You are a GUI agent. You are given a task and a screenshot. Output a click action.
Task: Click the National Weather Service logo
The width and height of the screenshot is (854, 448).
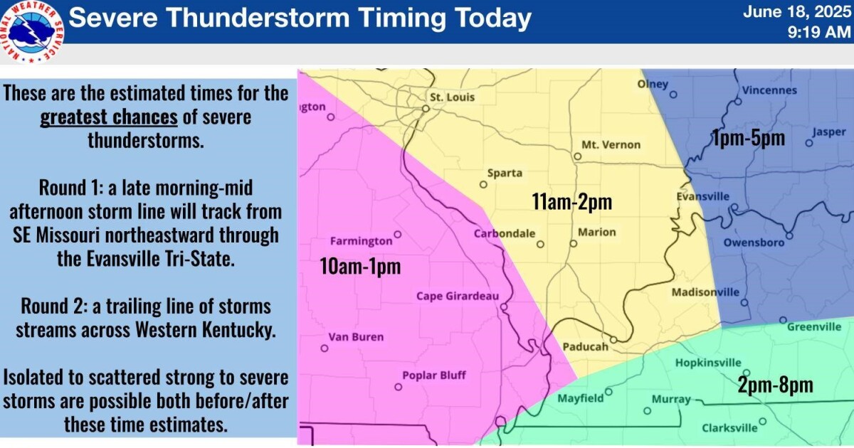click(33, 31)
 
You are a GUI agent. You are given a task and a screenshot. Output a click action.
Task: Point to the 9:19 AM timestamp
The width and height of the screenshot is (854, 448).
click(819, 31)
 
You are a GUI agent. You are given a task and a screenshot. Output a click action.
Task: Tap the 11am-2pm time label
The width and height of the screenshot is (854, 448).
click(572, 202)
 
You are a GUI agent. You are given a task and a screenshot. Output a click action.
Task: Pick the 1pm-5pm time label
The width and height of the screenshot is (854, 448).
click(748, 138)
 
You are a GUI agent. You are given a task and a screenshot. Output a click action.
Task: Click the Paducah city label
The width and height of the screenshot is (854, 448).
click(585, 347)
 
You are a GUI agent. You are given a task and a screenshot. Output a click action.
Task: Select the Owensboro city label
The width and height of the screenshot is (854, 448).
click(754, 242)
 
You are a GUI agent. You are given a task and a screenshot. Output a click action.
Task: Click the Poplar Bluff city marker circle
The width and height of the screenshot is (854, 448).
click(399, 387)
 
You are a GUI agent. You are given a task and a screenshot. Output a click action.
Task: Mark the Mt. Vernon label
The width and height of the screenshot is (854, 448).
click(611, 144)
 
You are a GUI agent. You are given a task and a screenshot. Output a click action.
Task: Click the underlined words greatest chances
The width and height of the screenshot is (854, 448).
click(109, 117)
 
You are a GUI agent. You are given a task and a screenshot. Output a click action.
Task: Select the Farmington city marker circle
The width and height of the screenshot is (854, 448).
click(398, 234)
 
